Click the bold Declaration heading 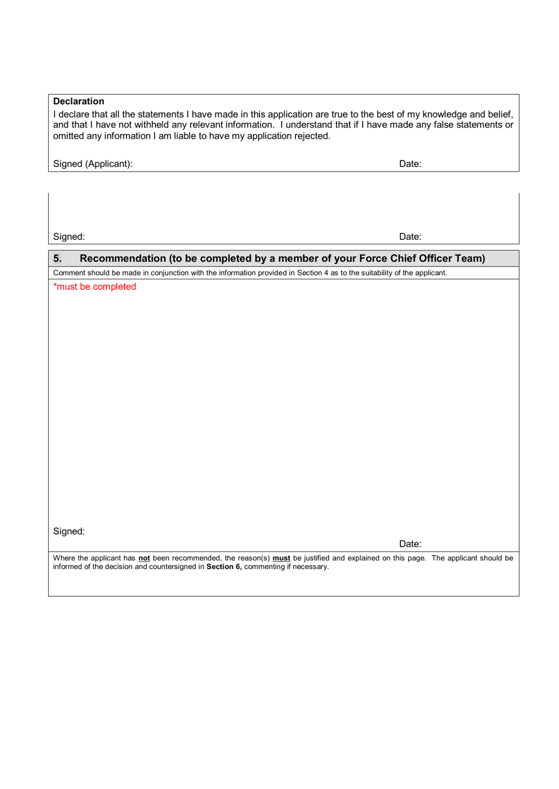[x=78, y=101]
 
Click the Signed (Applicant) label [x=92, y=163]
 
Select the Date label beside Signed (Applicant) [x=410, y=163]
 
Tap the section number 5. [x=57, y=258]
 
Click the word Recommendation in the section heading [x=122, y=258]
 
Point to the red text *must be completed [x=94, y=286]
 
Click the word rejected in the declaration [x=312, y=136]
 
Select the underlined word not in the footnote [x=144, y=558]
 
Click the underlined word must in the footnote [x=281, y=558]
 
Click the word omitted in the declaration [x=68, y=136]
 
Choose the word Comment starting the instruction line [x=68, y=273]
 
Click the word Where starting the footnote [x=64, y=558]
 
